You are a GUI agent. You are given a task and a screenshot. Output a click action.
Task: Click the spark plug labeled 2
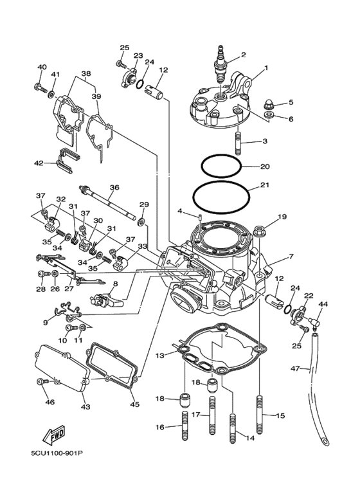[222, 65]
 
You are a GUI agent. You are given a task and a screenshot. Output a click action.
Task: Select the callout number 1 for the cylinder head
[265, 68]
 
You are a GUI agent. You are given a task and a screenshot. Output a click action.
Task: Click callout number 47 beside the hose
[295, 368]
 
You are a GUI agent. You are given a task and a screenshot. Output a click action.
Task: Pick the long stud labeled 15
[260, 415]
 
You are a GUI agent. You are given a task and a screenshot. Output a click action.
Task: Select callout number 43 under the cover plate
[86, 408]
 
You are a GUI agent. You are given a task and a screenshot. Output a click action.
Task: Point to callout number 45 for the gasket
[135, 404]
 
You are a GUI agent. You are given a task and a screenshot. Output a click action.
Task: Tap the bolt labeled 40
[40, 86]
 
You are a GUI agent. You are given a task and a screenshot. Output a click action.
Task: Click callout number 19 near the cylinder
[282, 217]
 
